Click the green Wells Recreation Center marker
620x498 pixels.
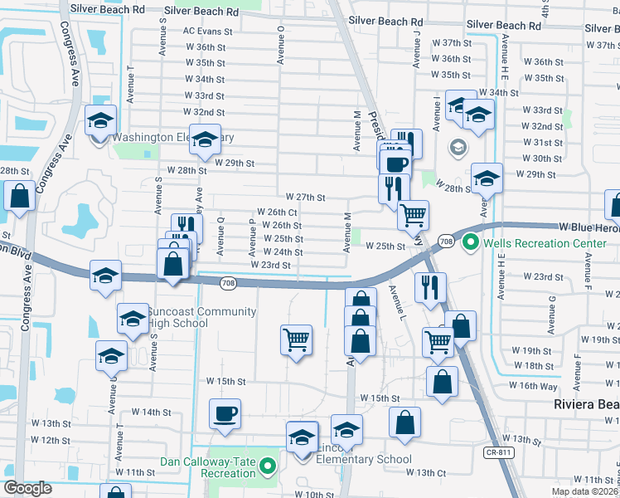point(471,243)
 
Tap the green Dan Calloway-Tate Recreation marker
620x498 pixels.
point(267,467)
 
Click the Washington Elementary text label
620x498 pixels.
point(173,137)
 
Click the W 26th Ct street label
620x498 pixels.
point(277,212)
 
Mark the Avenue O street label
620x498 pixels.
point(282,43)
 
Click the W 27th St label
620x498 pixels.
point(305,198)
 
